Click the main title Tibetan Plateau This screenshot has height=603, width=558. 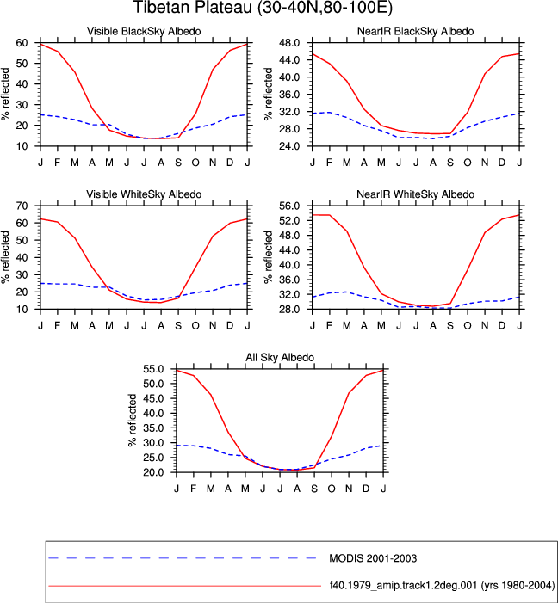click(x=263, y=7)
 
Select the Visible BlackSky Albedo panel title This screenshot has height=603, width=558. click(x=144, y=31)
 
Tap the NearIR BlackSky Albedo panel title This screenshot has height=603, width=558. click(x=416, y=31)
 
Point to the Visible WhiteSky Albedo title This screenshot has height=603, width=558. click(x=144, y=194)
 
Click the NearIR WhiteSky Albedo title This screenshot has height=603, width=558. click(x=416, y=194)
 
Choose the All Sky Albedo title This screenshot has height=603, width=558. click(x=280, y=357)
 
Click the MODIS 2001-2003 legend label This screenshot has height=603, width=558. click(x=373, y=558)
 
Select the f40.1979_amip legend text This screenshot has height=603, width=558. click(x=442, y=585)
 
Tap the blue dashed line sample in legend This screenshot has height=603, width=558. click(x=183, y=557)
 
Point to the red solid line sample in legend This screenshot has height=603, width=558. click(x=185, y=586)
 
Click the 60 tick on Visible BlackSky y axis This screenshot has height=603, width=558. click(x=22, y=43)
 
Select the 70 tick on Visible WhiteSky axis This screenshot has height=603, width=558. click(x=22, y=206)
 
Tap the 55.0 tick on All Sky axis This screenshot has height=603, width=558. click(x=154, y=369)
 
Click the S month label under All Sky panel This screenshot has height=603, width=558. click(x=314, y=489)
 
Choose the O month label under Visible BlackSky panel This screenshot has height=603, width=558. click(x=195, y=163)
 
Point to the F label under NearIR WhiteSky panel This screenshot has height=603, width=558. click(x=329, y=326)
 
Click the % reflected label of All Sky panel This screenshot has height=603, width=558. click(x=133, y=420)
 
